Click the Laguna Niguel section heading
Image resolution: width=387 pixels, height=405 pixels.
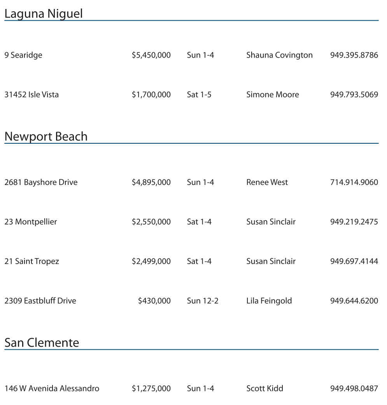point(44,14)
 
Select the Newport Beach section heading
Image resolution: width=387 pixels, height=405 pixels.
point(46,137)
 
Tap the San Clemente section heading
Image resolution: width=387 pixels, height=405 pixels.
point(42,343)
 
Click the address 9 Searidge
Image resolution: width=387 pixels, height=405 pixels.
point(23,55)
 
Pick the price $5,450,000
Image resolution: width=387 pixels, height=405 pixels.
point(151,55)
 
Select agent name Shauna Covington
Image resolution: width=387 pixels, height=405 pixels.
point(279,55)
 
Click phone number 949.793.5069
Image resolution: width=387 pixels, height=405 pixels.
point(354,95)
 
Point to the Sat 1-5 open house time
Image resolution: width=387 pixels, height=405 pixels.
point(199,95)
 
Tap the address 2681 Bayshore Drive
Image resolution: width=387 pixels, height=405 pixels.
point(41,182)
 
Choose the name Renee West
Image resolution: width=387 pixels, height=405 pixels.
point(267,182)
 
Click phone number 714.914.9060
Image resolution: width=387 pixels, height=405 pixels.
point(354,182)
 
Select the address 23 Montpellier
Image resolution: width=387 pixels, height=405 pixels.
point(31,222)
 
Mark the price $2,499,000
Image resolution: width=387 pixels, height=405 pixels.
point(151,261)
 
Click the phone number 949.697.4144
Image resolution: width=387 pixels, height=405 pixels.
point(354,261)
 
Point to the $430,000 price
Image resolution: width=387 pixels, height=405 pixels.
point(154,301)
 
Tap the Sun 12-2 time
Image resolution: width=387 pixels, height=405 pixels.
point(203,301)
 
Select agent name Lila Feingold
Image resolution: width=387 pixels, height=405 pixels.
point(269,301)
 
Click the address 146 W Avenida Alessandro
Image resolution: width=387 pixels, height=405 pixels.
point(52,389)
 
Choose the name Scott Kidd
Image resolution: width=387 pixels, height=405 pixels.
point(264,389)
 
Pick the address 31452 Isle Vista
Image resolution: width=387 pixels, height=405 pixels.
point(32,95)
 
